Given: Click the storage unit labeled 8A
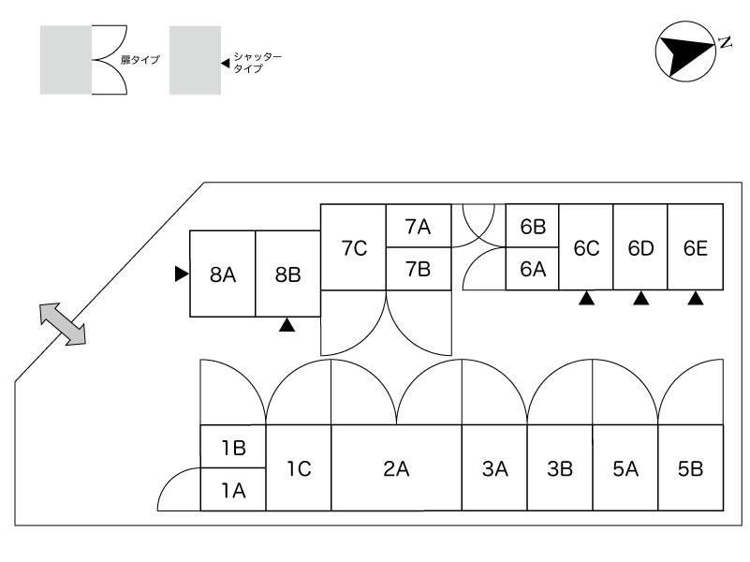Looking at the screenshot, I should click(x=223, y=274).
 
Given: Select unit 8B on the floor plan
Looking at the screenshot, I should click(x=288, y=274).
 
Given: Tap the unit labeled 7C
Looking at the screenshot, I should click(x=354, y=248).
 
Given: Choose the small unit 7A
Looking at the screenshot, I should click(x=418, y=227).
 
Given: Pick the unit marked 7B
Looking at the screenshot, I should click(x=418, y=269).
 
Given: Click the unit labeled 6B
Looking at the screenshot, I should click(x=533, y=227).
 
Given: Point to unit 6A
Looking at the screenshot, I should click(x=533, y=269).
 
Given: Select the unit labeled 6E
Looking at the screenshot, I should click(x=695, y=248).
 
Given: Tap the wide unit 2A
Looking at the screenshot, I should click(x=396, y=468).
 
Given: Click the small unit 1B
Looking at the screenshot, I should click(x=233, y=448).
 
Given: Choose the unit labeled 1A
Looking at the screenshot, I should click(x=233, y=489).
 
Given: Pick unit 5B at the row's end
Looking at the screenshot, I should click(x=690, y=468).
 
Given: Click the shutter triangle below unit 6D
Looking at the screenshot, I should click(x=640, y=299).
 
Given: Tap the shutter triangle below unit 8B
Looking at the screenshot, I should click(x=287, y=325).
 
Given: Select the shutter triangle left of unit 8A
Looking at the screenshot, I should click(x=181, y=274).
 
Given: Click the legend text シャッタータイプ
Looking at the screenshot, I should click(x=251, y=63).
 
